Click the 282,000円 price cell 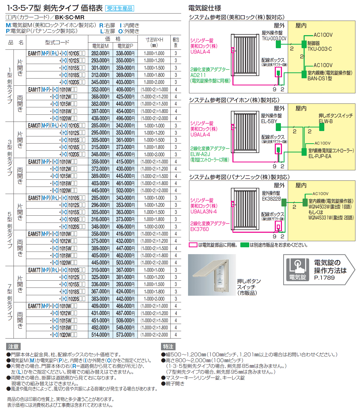100,53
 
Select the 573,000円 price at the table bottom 125,335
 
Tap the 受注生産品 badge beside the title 119,8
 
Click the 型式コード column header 57,42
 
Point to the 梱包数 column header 176,42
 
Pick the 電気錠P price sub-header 125,46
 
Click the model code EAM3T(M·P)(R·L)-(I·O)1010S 56,125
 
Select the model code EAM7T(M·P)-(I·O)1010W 53,306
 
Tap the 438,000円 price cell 100,118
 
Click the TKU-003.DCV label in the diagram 274,38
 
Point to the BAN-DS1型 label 320,79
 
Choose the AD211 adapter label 198,75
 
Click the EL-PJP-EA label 320,156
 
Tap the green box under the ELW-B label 322,127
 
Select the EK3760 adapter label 200,229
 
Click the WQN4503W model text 319,206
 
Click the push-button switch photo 212,275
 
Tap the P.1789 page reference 324,278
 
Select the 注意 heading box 13,346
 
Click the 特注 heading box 168,346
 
